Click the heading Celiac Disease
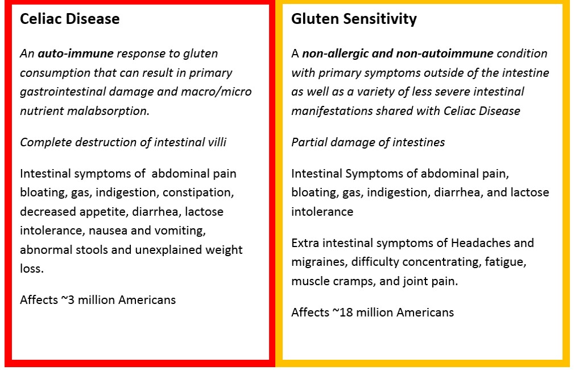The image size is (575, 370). click(70, 19)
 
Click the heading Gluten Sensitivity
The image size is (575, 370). click(354, 19)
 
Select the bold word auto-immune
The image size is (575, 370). click(76, 54)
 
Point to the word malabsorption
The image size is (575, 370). click(108, 111)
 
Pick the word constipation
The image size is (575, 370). click(198, 193)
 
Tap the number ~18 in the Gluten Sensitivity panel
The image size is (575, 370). click(342, 313)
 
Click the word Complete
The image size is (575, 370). click(45, 142)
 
